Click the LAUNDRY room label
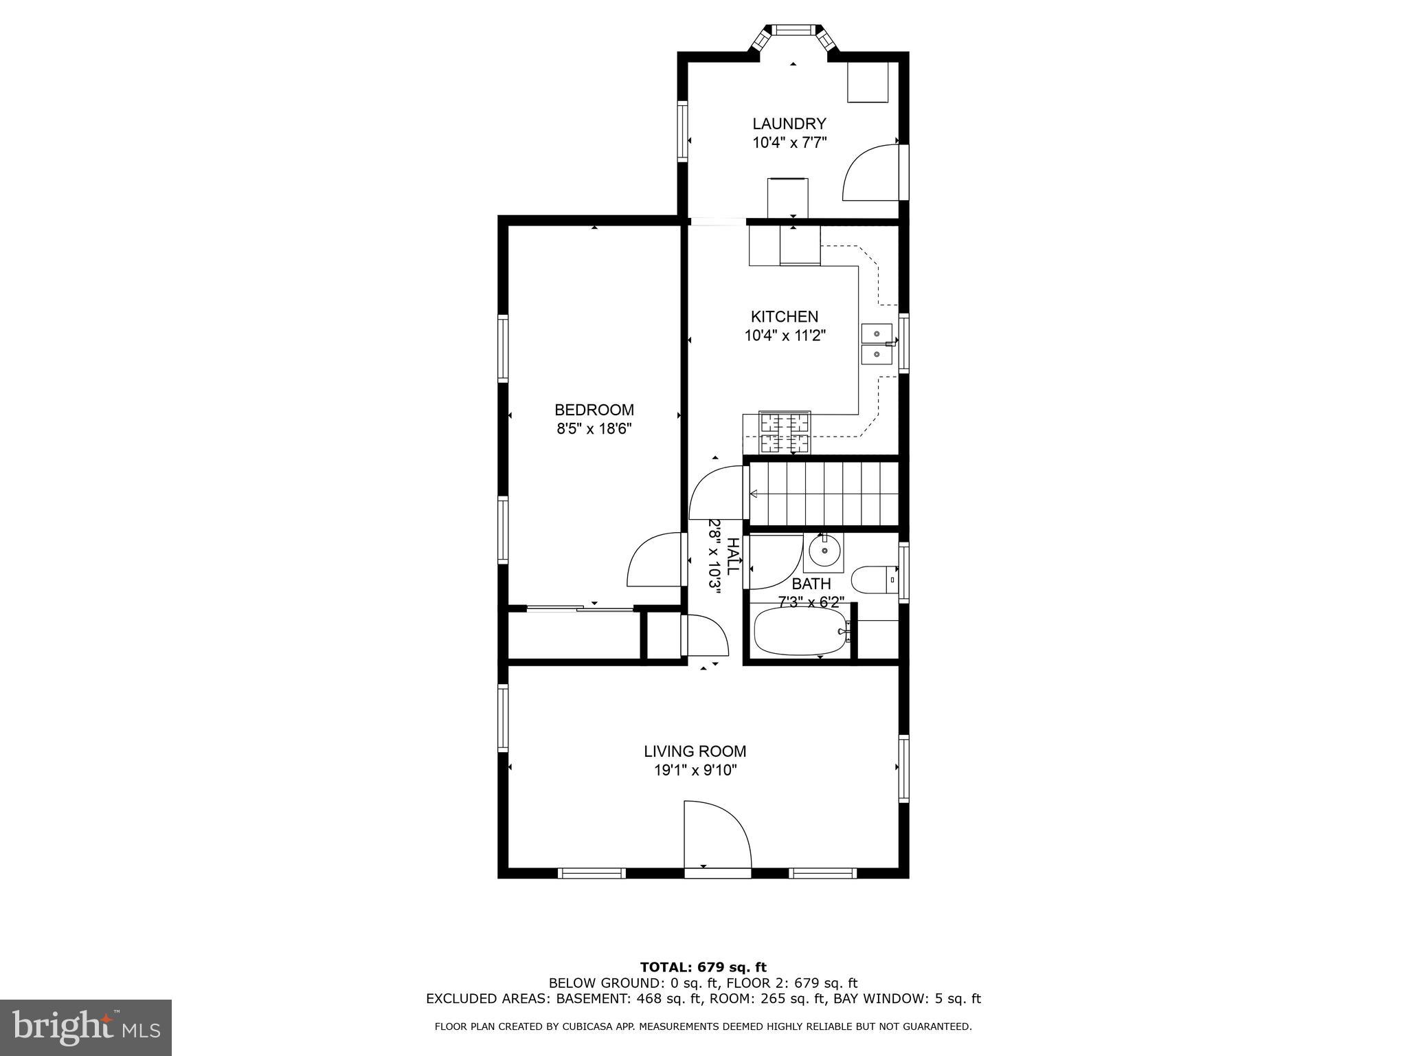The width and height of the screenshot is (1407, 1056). point(789,124)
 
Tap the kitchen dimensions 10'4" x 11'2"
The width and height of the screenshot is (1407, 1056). point(785,336)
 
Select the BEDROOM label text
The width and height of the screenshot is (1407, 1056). point(594,410)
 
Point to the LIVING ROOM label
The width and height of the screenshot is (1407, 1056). point(695,751)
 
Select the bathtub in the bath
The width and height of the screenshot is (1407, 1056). point(800,630)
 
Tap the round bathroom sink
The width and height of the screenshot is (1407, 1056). point(824,550)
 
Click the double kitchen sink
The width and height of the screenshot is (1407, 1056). point(877,344)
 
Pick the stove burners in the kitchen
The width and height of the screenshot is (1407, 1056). point(785,432)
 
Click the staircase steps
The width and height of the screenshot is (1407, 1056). point(824,493)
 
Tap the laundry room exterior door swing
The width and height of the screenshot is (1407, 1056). point(869,172)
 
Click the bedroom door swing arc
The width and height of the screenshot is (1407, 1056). point(653,560)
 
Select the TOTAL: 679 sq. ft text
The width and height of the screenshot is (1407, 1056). point(703,967)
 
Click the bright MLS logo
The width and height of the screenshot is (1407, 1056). point(85,1028)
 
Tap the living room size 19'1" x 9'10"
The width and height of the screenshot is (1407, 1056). point(695,771)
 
